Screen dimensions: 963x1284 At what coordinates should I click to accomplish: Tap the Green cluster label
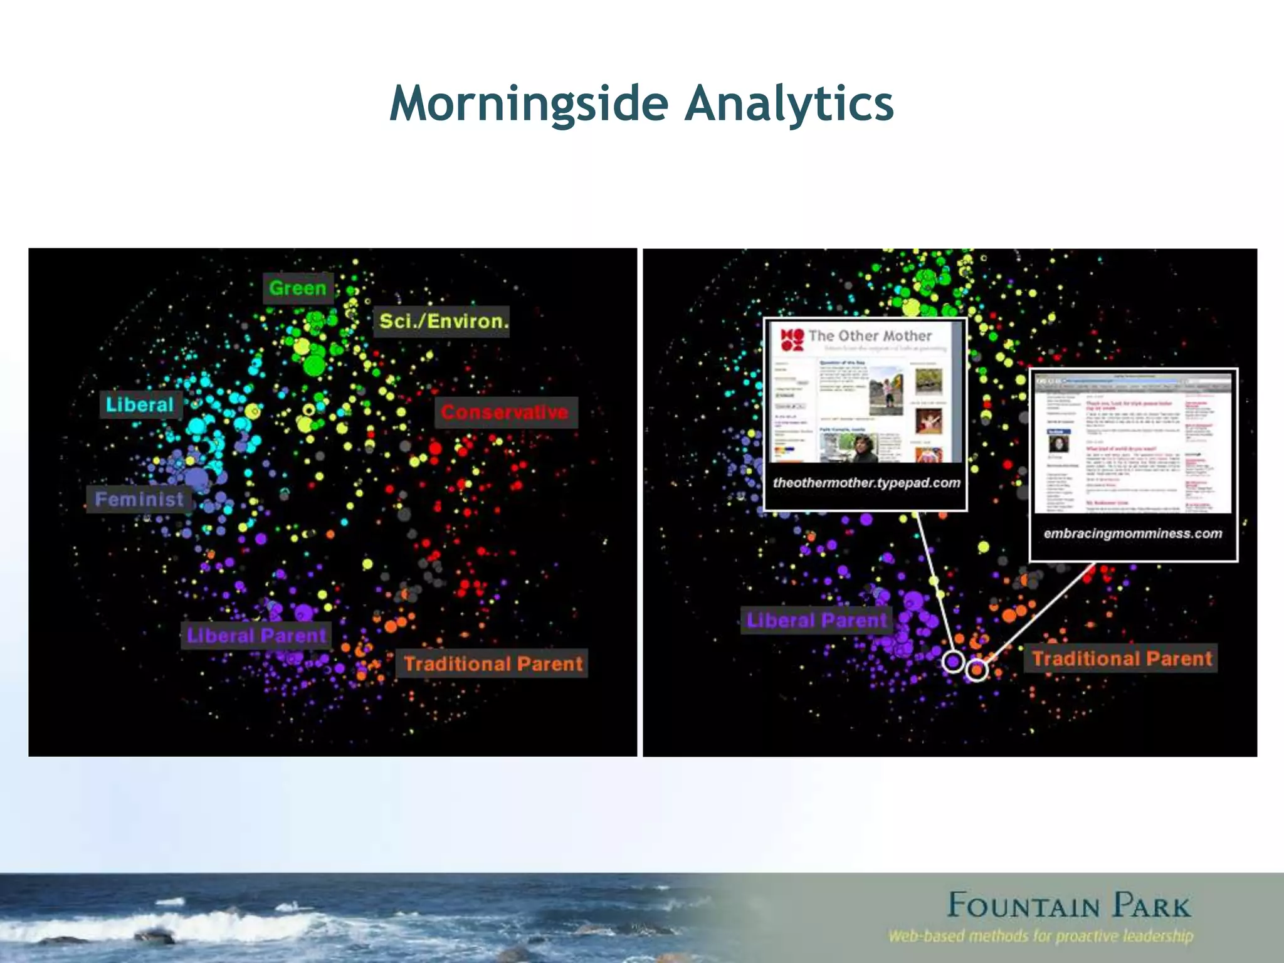pos(298,288)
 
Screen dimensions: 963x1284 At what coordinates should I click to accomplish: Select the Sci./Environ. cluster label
pos(443,322)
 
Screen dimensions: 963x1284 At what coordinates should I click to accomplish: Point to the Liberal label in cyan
pos(140,404)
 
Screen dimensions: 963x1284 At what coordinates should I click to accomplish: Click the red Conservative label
pos(505,412)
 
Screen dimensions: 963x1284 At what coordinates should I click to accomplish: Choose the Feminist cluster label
pos(139,499)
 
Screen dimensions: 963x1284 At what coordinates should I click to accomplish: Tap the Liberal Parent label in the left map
pos(256,635)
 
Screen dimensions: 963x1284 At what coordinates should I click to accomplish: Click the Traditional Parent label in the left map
pos(493,663)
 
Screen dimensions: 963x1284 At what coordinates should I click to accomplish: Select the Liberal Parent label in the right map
pos(816,620)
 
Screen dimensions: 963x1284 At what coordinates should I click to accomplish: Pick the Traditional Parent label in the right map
pos(1122,658)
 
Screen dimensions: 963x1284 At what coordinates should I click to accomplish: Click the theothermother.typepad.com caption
pos(866,483)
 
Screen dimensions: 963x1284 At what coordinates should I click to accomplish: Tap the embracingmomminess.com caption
pos(1133,534)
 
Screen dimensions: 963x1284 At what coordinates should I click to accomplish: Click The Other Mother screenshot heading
pos(870,336)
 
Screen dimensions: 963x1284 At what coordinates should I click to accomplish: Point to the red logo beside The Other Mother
pos(792,339)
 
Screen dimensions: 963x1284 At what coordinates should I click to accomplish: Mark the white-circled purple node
pos(954,661)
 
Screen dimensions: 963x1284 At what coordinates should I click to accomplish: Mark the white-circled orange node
pos(976,670)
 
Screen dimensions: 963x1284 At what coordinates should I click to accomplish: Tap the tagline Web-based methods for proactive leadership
pos(1041,937)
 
